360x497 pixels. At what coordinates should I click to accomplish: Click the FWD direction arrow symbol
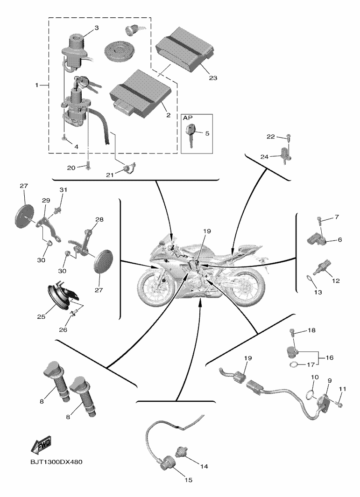(x=41, y=445)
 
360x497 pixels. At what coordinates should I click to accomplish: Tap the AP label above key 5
(x=188, y=119)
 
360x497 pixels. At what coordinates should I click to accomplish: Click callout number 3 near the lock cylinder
(x=97, y=28)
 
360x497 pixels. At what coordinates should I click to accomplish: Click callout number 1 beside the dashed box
(x=36, y=86)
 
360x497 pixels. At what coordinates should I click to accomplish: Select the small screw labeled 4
(x=64, y=136)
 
